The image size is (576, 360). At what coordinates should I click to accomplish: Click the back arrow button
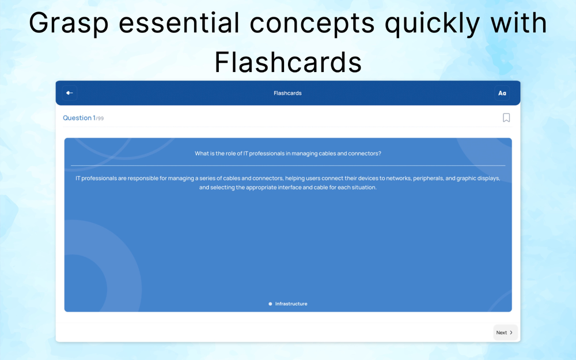click(x=70, y=93)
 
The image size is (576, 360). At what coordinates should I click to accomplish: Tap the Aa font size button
click(x=502, y=93)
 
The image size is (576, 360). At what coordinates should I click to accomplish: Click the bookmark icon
click(x=506, y=118)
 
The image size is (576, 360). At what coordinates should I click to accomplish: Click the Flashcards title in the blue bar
click(x=287, y=93)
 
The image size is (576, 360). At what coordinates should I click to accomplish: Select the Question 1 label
click(x=79, y=118)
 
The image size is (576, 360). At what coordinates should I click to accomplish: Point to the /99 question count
click(x=100, y=119)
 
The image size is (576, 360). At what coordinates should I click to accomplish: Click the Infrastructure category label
click(x=291, y=304)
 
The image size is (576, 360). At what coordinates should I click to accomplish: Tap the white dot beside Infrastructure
click(x=270, y=304)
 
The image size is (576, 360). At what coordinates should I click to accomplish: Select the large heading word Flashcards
click(x=288, y=62)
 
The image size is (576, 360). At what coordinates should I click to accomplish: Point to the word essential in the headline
click(x=179, y=23)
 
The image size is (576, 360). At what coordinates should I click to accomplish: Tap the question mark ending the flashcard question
click(x=380, y=154)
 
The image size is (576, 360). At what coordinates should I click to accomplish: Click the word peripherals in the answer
click(x=429, y=179)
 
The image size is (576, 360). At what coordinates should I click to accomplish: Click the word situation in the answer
click(x=363, y=187)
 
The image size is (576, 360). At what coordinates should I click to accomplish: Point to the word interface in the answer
click(x=290, y=187)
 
